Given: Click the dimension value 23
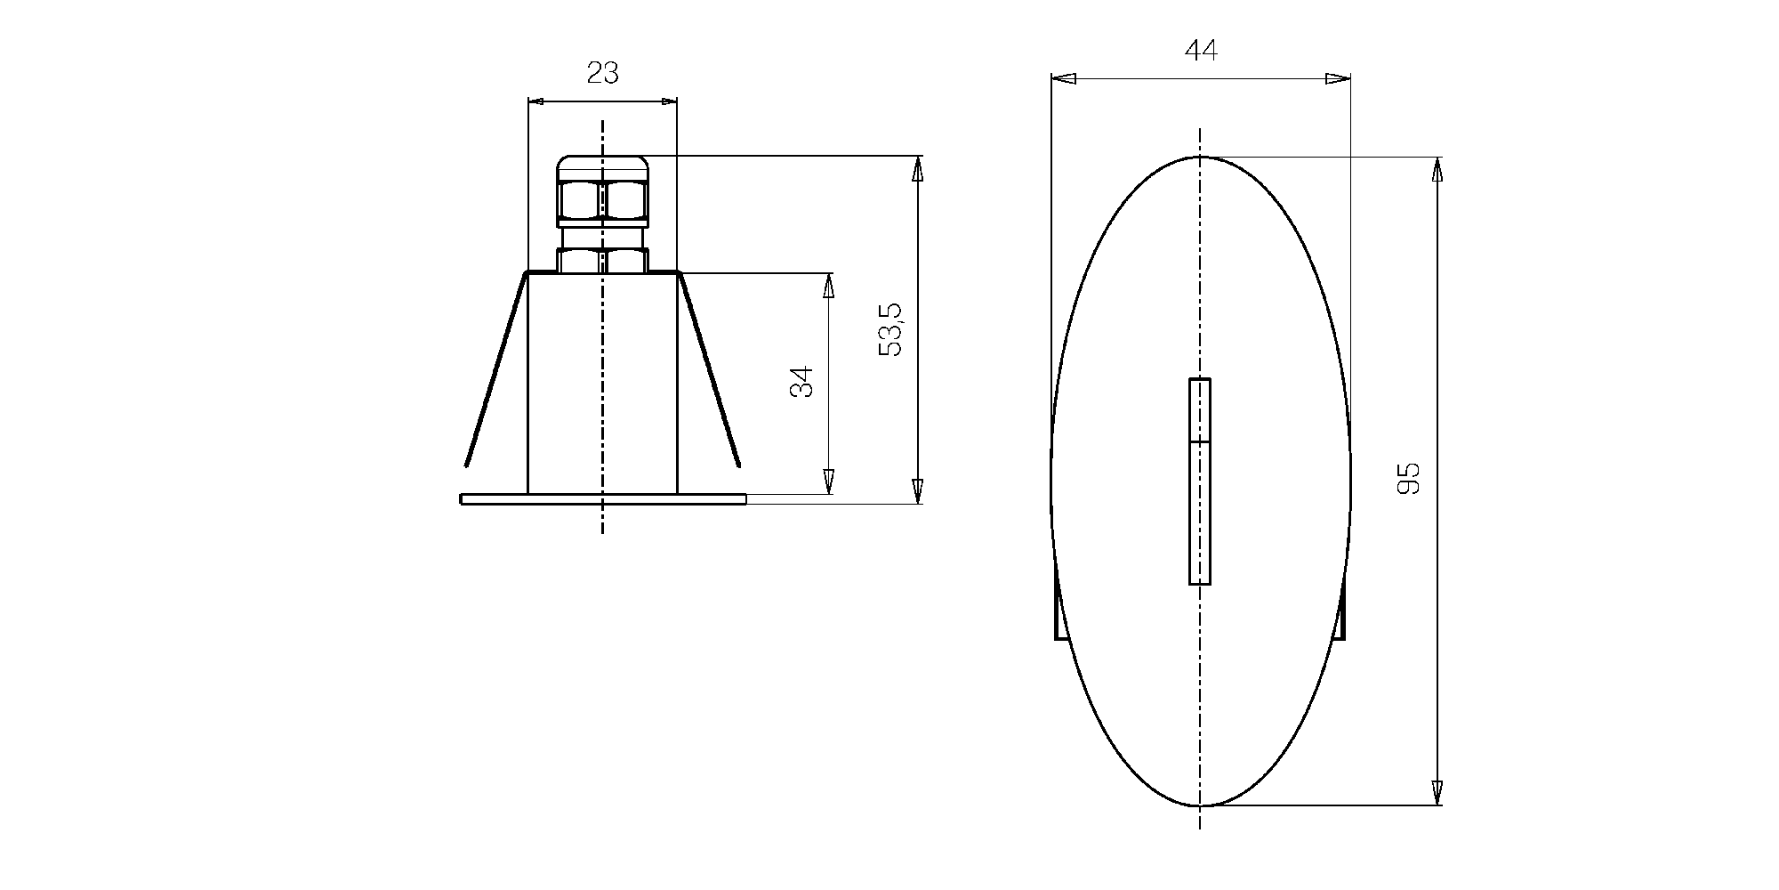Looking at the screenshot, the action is pyautogui.click(x=602, y=73).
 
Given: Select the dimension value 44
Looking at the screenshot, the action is pyautogui.click(x=1201, y=50).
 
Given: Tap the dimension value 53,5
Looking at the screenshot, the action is pyautogui.click(x=889, y=329).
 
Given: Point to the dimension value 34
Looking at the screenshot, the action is pyautogui.click(x=801, y=382).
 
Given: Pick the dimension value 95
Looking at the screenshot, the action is pyautogui.click(x=1408, y=478).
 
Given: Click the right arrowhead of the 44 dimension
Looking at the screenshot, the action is pyautogui.click(x=1338, y=78).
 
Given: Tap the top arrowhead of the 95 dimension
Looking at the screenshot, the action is pyautogui.click(x=1437, y=169).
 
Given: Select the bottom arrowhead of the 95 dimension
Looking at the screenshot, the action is pyautogui.click(x=1437, y=792).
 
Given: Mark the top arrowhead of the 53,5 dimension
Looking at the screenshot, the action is pyautogui.click(x=918, y=168).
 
